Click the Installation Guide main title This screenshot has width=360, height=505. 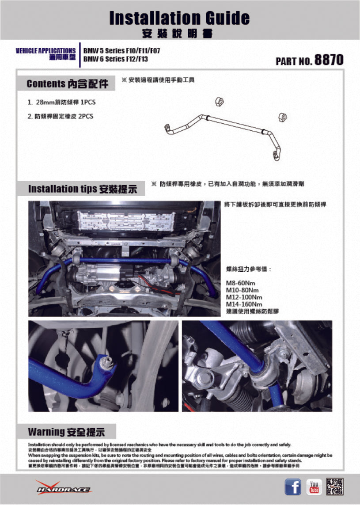coord(179,18)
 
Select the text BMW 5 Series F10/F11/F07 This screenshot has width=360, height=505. coord(121,51)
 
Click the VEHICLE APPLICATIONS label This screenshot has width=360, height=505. coord(45,51)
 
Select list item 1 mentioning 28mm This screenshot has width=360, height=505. coord(61,102)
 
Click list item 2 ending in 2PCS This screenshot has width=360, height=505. coord(60,117)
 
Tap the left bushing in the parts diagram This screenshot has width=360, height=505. coord(219,102)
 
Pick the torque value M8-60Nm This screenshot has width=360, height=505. coord(240,283)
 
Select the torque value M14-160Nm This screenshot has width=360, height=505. coord(244,304)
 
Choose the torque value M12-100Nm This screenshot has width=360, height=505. coord(244,297)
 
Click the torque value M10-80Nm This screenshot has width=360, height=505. coord(242,290)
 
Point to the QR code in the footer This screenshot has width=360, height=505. coord(335,487)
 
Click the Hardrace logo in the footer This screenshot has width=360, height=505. coord(63,488)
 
